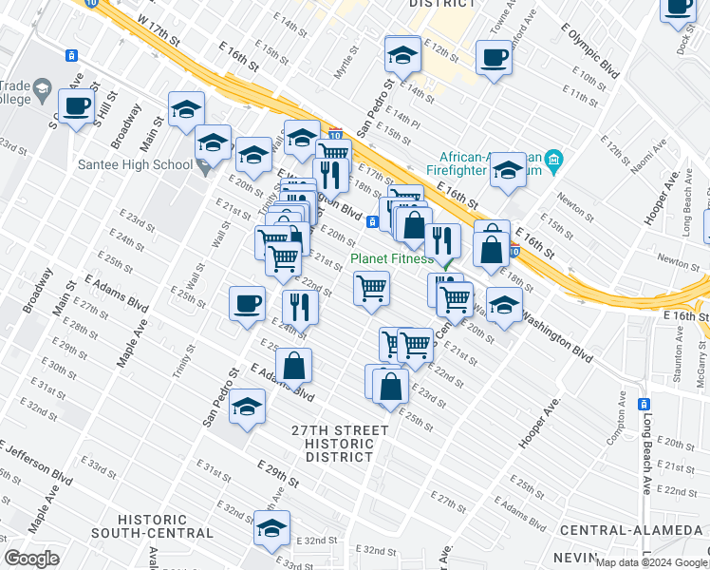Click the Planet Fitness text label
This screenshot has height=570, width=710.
pyautogui.click(x=392, y=258)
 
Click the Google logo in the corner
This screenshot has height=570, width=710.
pyautogui.click(x=31, y=559)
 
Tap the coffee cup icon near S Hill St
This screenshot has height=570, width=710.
pyautogui.click(x=78, y=106)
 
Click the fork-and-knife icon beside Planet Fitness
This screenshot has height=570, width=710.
pyautogui.click(x=442, y=240)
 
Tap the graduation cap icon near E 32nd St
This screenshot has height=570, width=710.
pyautogui.click(x=271, y=529)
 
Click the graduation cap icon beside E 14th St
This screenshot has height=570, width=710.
pyautogui.click(x=402, y=54)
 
